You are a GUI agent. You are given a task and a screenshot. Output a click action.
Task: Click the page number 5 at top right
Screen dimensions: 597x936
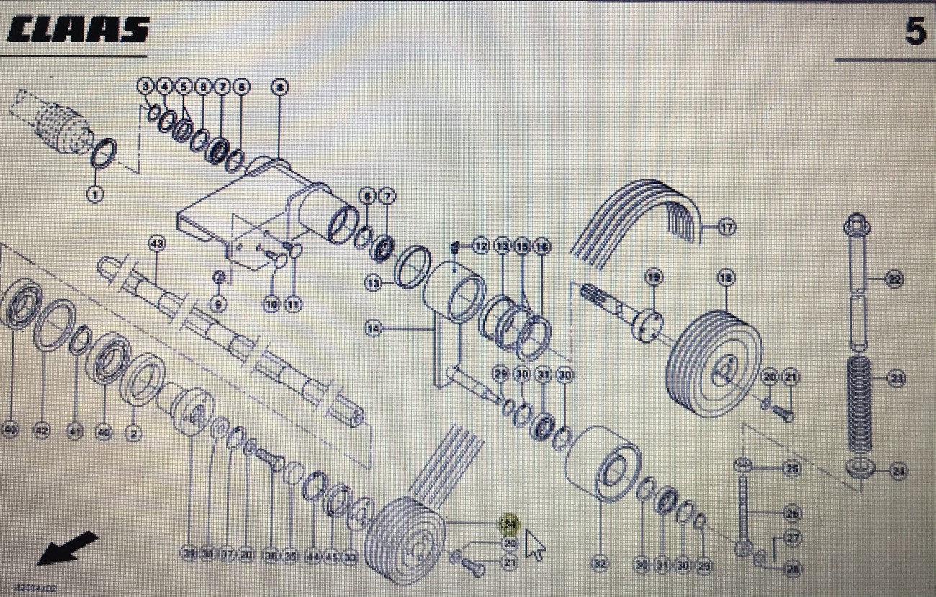pos(915,31)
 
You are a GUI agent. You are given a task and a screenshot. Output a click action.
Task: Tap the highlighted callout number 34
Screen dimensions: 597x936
pos(510,524)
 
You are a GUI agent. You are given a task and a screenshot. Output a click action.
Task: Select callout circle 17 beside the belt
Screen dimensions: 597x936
pos(726,228)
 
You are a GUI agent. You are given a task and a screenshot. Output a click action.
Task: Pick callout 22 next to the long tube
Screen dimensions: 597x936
pos(895,279)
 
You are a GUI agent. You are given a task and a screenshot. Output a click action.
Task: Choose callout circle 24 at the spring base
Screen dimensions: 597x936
pos(897,472)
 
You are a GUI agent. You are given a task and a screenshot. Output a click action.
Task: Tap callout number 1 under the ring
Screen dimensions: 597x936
pos(94,194)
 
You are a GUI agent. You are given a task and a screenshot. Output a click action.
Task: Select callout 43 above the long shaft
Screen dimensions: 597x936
pos(157,244)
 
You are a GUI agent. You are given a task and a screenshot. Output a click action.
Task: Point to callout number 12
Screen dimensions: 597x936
pos(481,247)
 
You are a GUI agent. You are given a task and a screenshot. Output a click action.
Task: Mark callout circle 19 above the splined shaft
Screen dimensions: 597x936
pos(653,277)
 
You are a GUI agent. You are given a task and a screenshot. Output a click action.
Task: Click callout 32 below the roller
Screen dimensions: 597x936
pos(599,565)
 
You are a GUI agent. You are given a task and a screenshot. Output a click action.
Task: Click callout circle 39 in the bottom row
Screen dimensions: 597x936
pos(190,555)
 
